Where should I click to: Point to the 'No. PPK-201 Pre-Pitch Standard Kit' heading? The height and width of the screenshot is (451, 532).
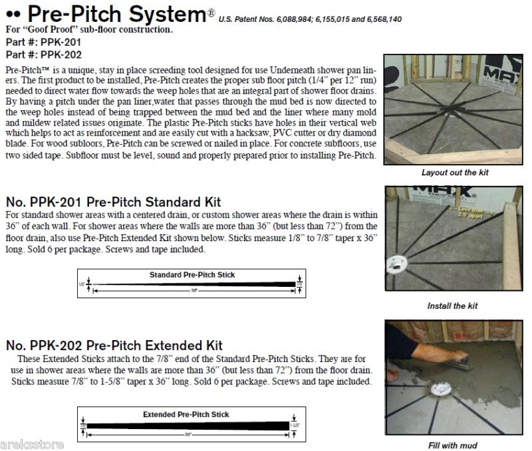coord(113,202)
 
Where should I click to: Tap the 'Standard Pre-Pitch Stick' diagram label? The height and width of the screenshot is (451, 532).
coord(192,274)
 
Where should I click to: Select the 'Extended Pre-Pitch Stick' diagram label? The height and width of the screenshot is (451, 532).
coord(186,414)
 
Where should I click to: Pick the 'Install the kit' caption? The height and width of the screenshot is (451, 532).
coord(452,306)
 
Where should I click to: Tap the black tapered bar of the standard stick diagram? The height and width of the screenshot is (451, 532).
coord(193,284)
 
